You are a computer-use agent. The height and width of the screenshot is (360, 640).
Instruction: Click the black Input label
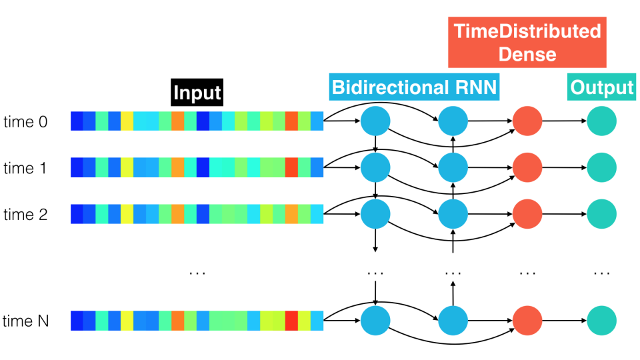pos(197,92)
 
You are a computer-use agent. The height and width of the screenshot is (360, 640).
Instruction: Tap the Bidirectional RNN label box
pos(414,87)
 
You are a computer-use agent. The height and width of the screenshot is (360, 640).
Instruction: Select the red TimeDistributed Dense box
pos(527,42)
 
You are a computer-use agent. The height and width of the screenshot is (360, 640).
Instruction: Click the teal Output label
pos(601,87)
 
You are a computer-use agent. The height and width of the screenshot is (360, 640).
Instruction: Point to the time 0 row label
pos(25,121)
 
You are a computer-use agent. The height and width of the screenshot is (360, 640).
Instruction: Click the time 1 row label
pos(25,168)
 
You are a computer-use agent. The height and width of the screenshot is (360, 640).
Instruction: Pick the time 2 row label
pos(25,214)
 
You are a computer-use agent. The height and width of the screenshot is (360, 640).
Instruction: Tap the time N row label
pos(25,321)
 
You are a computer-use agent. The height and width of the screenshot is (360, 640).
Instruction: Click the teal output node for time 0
pos(601,121)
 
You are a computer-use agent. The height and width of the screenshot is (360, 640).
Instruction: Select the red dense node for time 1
pos(527,167)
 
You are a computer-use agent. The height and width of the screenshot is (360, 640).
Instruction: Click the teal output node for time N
pos(601,321)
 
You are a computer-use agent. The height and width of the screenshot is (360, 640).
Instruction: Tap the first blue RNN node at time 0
pos(375,121)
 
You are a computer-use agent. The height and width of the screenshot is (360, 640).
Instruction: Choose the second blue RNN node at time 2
pos(453,214)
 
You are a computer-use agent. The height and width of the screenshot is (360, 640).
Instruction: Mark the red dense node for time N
pos(527,321)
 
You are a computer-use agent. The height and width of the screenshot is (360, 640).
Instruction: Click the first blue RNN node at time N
pos(375,321)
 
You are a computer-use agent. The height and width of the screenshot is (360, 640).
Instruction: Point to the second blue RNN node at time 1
pos(453,167)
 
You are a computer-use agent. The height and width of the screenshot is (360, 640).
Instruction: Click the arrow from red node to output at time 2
pos(565,214)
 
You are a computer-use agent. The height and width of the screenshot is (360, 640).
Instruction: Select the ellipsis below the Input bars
pos(197,273)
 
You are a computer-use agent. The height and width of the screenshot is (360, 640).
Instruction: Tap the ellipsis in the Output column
pos(601,273)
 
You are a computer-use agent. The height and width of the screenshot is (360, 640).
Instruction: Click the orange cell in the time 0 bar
pos(177,121)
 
